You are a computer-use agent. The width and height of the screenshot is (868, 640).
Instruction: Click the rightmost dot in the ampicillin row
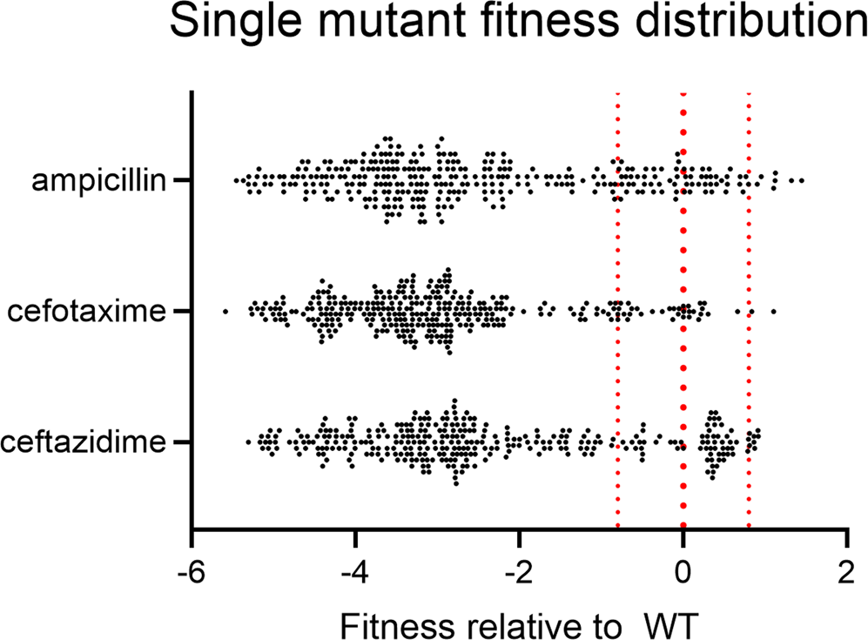pyautogui.click(x=801, y=180)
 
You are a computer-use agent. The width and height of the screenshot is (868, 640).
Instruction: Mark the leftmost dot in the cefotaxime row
pyautogui.click(x=225, y=311)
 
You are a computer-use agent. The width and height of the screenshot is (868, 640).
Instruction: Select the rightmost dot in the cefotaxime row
pyautogui.click(x=773, y=311)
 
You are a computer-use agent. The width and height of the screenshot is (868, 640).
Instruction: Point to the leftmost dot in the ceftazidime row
pyautogui.click(x=247, y=442)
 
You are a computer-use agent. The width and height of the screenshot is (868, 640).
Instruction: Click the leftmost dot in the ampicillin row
pyautogui.click(x=235, y=180)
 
